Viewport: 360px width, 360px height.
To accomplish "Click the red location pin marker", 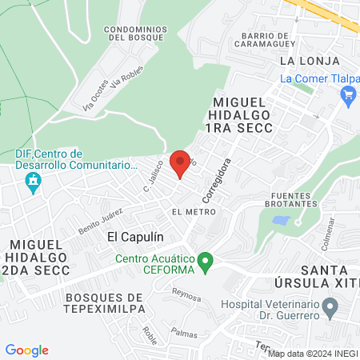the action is click(181, 162).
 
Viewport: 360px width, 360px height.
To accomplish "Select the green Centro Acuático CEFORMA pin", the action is click(206, 262).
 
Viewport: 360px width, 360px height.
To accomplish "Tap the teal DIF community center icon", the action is click(33, 183).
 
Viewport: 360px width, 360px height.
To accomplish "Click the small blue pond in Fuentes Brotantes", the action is click(281, 219).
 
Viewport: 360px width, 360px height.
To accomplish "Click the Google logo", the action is click(27, 350).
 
